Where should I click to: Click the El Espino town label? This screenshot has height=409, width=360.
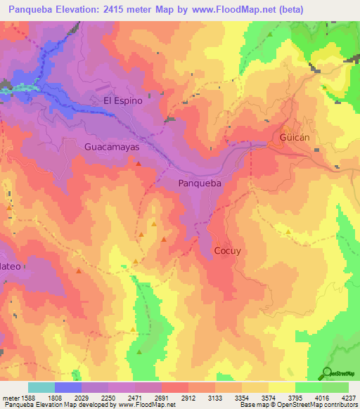pos(123,100)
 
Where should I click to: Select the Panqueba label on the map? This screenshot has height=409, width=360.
pos(199,183)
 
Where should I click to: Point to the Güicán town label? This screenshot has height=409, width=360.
pos(294,138)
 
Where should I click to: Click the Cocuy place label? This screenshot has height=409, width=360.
pos(228,251)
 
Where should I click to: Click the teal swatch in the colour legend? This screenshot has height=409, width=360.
pos(41,387)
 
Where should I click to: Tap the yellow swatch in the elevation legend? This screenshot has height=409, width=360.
pos(281,387)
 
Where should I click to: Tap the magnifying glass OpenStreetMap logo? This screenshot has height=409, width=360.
pos(326,373)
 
